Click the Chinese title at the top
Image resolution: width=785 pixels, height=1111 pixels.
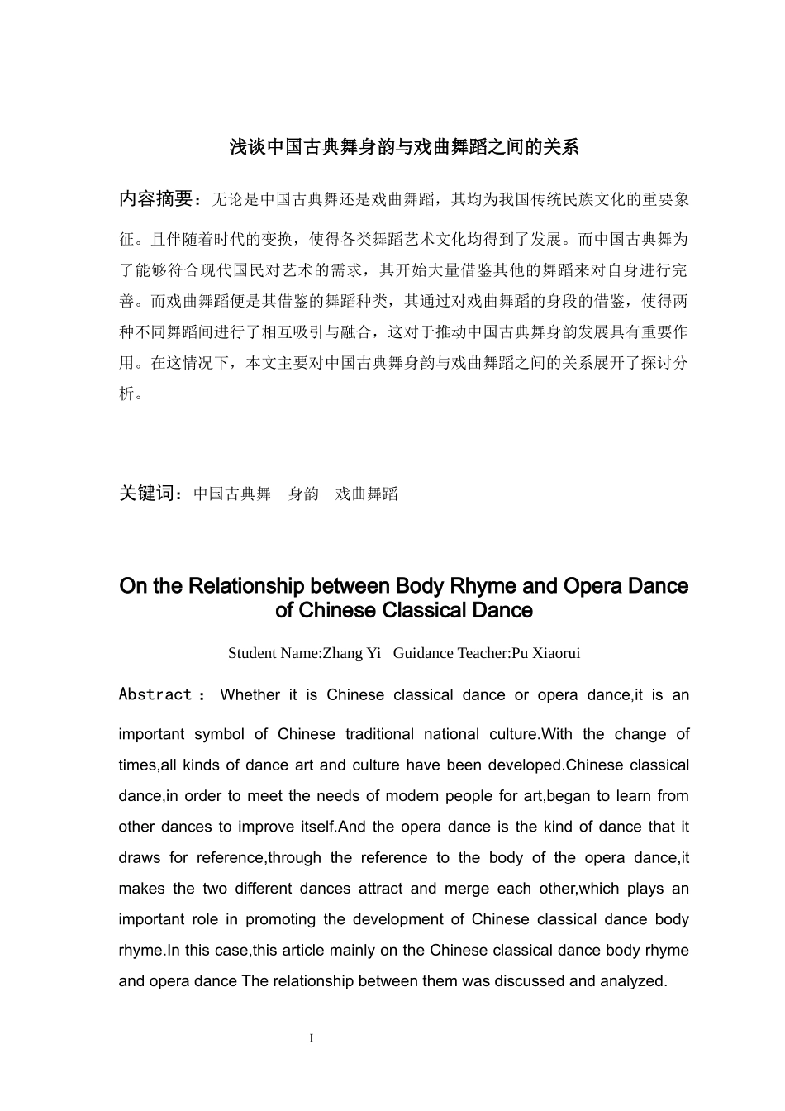pyautogui.click(x=404, y=148)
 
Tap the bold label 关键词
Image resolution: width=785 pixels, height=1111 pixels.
pyautogui.click(x=148, y=494)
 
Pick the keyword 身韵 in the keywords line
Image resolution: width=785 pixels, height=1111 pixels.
pyautogui.click(x=303, y=494)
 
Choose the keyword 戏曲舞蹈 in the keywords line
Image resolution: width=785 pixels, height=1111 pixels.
pyautogui.click(x=367, y=494)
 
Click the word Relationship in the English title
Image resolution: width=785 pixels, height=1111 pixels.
pyautogui.click(x=246, y=586)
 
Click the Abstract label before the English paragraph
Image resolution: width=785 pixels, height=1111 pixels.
pyautogui.click(x=155, y=694)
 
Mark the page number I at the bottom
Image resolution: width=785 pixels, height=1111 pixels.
pyautogui.click(x=312, y=1038)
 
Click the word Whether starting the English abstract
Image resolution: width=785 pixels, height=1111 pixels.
pyautogui.click(x=250, y=695)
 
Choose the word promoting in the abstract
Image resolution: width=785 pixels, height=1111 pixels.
pyautogui.click(x=280, y=919)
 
